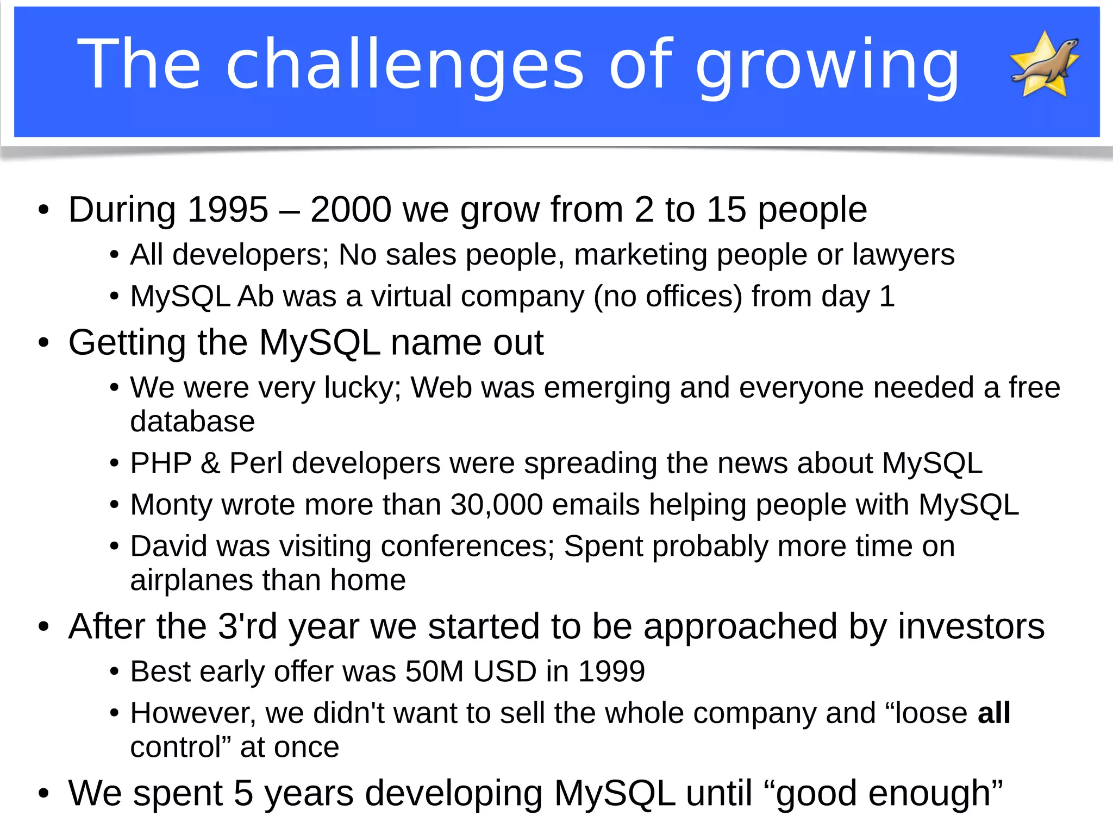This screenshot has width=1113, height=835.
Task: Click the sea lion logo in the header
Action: point(1045,64)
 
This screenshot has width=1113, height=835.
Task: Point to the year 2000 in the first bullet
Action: point(351,210)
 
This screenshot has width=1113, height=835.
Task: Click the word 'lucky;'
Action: point(362,388)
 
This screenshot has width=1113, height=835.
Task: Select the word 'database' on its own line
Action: point(192,422)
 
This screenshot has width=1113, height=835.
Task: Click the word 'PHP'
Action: point(161,463)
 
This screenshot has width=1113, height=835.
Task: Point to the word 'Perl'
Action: point(256,463)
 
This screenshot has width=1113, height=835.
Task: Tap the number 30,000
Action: point(497,505)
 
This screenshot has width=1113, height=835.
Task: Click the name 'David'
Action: point(168,547)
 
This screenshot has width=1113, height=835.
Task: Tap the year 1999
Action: point(611,672)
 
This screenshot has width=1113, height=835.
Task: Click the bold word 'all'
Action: point(993,713)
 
